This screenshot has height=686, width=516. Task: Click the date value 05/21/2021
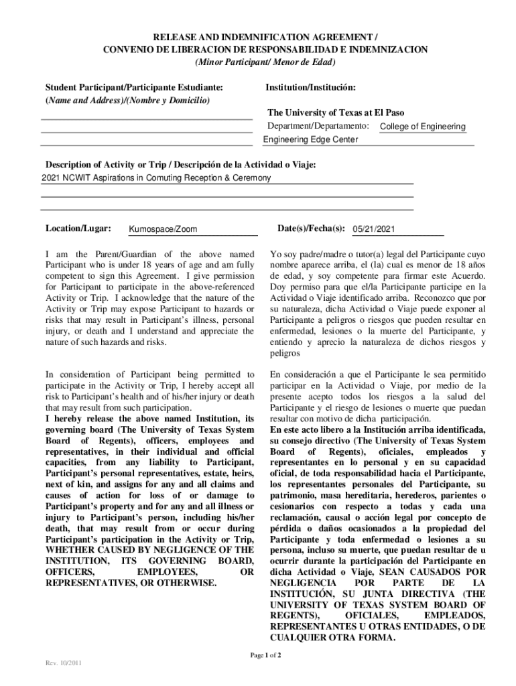click(x=374, y=229)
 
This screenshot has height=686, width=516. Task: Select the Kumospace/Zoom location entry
click(x=163, y=229)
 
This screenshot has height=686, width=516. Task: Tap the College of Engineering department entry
click(x=422, y=127)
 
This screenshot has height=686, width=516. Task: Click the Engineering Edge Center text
click(x=310, y=139)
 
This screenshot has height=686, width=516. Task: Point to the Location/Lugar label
click(x=78, y=228)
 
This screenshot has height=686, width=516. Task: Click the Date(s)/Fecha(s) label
click(x=310, y=228)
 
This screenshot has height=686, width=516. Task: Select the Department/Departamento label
click(x=318, y=126)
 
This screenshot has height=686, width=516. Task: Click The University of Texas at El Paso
click(x=336, y=113)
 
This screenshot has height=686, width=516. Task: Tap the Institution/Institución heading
click(x=310, y=88)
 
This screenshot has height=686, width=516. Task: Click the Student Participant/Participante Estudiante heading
click(x=134, y=88)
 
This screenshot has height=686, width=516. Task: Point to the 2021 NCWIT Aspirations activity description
click(x=156, y=178)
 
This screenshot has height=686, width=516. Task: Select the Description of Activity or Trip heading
click(x=180, y=165)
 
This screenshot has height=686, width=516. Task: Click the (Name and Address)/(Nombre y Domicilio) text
click(x=127, y=100)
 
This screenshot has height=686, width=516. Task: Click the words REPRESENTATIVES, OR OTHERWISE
click(x=131, y=583)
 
